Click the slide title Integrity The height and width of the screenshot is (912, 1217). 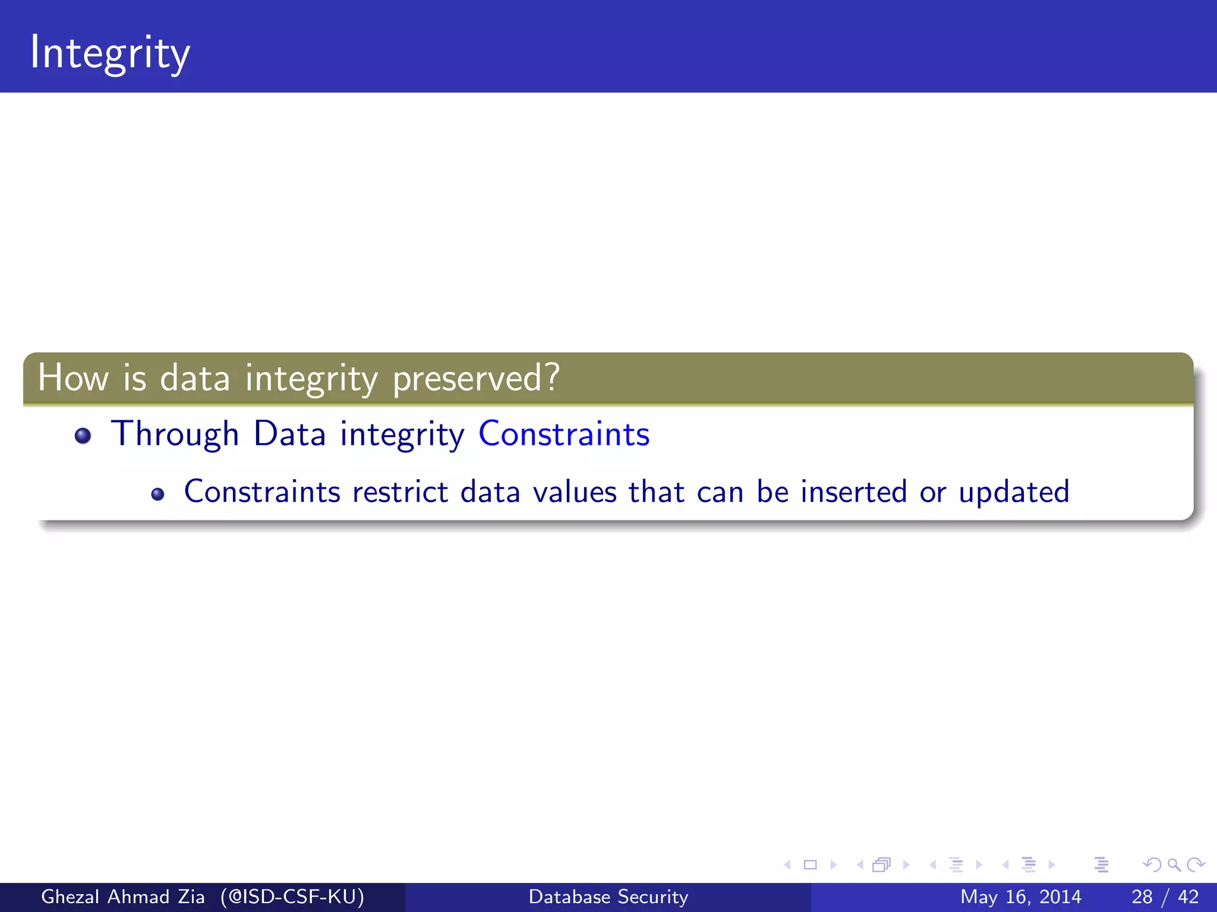[x=110, y=53]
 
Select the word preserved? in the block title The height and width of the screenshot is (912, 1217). [x=476, y=379]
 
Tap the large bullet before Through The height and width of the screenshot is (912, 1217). [x=83, y=436]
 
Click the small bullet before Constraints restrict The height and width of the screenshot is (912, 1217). [x=157, y=494]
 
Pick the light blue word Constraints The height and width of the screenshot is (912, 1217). [x=564, y=434]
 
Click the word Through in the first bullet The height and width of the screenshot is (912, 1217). [x=175, y=434]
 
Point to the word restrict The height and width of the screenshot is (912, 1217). [x=400, y=492]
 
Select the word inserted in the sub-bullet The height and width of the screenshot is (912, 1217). [x=853, y=492]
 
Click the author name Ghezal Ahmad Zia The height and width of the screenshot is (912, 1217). [x=122, y=897]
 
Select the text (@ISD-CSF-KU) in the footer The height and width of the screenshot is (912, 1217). [x=292, y=897]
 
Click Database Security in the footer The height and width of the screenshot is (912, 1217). [x=608, y=897]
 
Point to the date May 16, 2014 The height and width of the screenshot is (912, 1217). [x=1020, y=897]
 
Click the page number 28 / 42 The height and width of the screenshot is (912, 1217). [x=1165, y=897]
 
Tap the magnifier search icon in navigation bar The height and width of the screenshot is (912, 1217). [x=1174, y=864]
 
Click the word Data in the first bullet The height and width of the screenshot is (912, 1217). [x=289, y=434]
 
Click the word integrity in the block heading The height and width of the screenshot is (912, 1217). [x=311, y=379]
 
